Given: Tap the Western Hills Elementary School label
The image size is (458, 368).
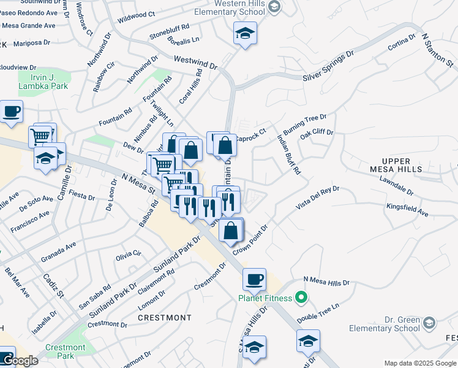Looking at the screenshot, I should point(238,7).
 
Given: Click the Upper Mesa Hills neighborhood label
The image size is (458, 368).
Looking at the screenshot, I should point(397,164).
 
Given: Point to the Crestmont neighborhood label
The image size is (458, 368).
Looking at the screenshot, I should point(165,318).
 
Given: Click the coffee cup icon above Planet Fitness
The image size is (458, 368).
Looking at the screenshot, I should point(254,280).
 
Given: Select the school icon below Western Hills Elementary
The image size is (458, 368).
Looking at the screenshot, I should point(245,34).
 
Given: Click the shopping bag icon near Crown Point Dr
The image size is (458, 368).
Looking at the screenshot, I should point(231,231).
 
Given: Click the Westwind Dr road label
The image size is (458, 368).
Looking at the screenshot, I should point(196,62).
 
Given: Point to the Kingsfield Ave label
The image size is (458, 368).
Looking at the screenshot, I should point(407,210).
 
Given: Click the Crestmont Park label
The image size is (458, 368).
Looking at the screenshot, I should point(61,351).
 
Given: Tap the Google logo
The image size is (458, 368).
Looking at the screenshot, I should point(20,361).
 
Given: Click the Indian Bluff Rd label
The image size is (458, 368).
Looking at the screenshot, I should point(289,155).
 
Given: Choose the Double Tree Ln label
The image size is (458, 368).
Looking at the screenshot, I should point(318,313).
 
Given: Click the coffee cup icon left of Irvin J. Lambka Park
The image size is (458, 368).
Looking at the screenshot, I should point(11,112).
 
